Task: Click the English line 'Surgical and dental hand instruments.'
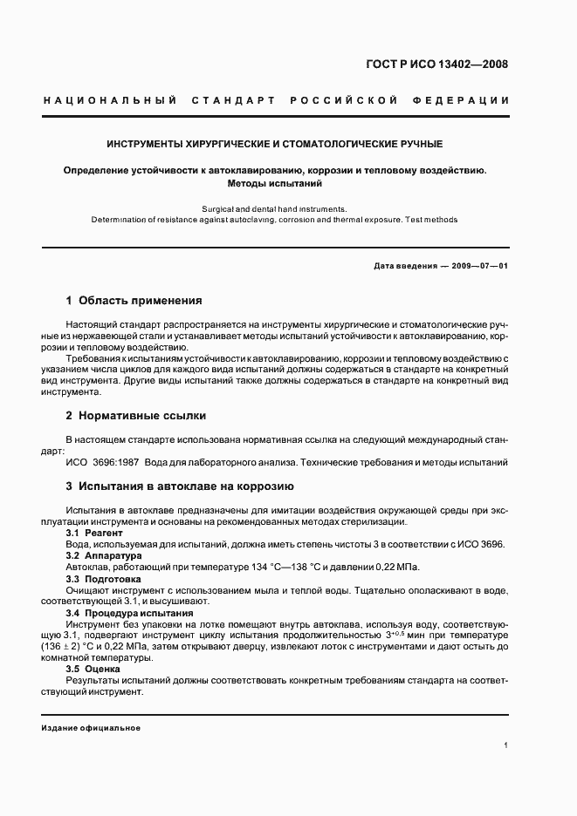(x=274, y=208)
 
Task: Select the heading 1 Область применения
(x=134, y=301)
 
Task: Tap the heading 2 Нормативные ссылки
(x=136, y=415)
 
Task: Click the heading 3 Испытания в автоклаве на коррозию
(x=180, y=486)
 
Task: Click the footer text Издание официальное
(x=91, y=727)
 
